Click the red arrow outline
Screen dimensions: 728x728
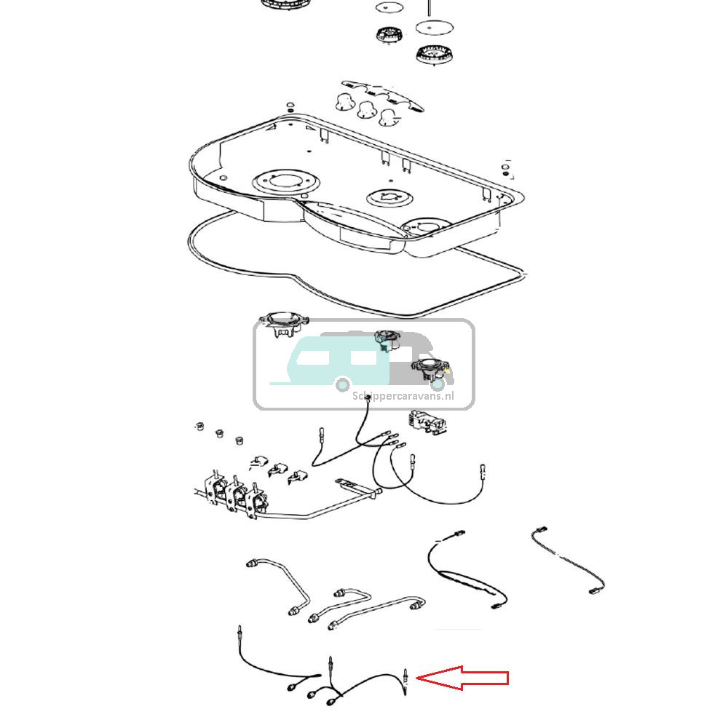pyautogui.click(x=462, y=678)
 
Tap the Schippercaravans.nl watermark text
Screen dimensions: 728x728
pyautogui.click(x=403, y=396)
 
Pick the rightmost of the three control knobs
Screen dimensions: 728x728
pyautogui.click(x=388, y=117)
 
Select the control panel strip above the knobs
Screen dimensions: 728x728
pyautogui.click(x=383, y=95)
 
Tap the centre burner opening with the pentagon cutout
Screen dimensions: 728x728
pyautogui.click(x=389, y=198)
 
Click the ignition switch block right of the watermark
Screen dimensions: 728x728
pyautogui.click(x=427, y=422)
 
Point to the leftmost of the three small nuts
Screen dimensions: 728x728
pyautogui.click(x=199, y=426)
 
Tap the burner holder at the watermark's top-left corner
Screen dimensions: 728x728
pyautogui.click(x=284, y=323)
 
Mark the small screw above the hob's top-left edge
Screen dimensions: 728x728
pyautogui.click(x=290, y=106)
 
